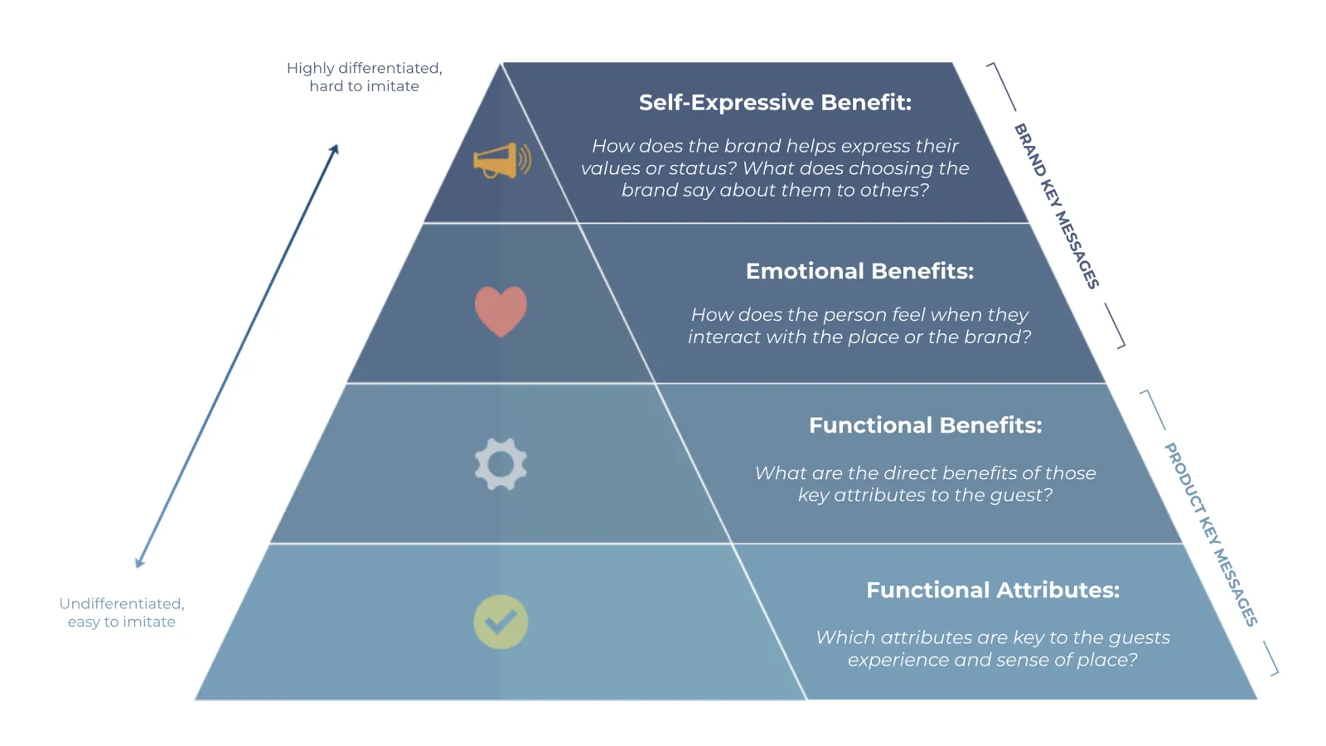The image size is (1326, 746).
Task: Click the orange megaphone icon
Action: click(x=501, y=160)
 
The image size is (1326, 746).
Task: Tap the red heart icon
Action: click(x=501, y=311)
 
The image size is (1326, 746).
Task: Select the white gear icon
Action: click(x=501, y=464)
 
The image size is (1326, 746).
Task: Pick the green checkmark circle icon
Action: click(x=501, y=622)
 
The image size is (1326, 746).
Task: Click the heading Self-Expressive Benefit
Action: click(x=774, y=102)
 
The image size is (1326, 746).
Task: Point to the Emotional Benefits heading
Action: click(x=859, y=271)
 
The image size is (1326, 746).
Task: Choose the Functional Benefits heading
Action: click(x=925, y=425)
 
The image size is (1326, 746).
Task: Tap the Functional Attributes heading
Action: click(x=992, y=590)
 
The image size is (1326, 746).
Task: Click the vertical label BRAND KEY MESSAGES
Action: click(x=1057, y=206)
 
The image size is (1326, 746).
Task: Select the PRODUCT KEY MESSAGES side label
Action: click(x=1211, y=534)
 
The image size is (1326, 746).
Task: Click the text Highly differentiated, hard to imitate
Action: click(x=364, y=77)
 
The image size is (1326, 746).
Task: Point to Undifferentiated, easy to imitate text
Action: click(x=122, y=613)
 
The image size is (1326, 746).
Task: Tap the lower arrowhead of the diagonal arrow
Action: click(x=140, y=563)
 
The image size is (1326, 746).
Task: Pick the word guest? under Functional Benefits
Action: click(x=1020, y=495)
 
